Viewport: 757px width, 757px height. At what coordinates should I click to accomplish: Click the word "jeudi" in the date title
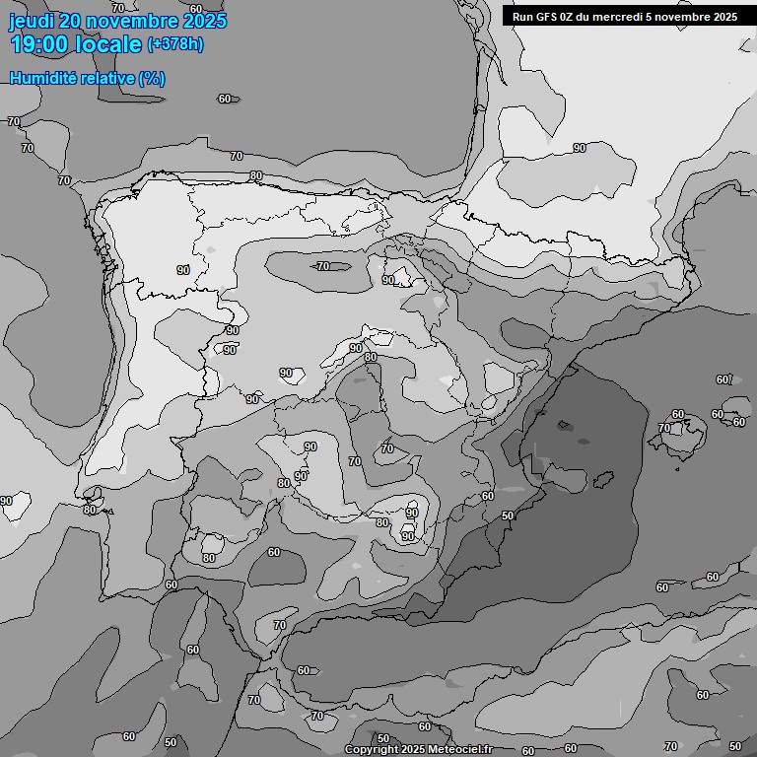point(31,21)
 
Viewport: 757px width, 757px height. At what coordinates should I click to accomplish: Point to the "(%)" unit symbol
point(152,79)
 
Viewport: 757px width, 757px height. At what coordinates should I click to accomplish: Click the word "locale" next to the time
point(108,44)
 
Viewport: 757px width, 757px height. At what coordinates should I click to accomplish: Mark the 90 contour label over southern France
point(580,148)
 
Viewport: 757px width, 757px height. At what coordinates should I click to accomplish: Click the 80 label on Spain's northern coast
point(256,176)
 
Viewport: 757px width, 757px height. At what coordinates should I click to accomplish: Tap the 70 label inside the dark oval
point(323,266)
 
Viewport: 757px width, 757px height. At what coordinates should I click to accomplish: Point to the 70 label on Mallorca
point(664,428)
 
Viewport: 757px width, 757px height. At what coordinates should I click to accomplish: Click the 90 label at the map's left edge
point(6,501)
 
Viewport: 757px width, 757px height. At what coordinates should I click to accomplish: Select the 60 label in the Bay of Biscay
point(225,99)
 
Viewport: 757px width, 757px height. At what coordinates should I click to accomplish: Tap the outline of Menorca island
point(732,415)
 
